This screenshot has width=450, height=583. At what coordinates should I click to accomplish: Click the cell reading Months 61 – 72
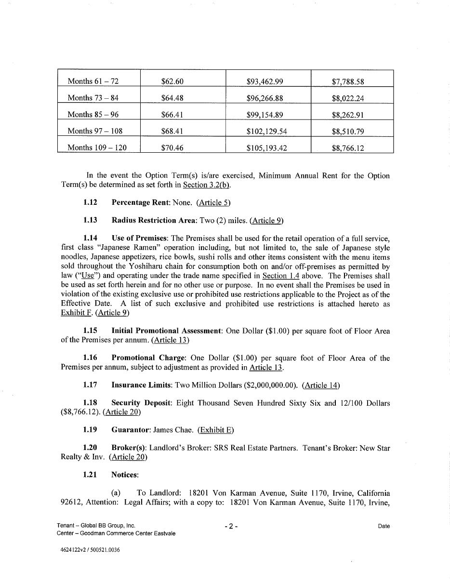coord(93,81)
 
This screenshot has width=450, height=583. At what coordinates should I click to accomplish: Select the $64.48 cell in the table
coord(172,98)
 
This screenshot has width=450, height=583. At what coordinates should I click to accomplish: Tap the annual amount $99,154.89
coord(265,115)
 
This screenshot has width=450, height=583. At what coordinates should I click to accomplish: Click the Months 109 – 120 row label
coord(97,147)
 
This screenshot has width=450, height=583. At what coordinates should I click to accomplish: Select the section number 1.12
coord(90,202)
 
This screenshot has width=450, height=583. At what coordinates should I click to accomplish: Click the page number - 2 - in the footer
coord(231,526)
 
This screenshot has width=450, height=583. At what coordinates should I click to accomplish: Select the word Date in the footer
coord(384,526)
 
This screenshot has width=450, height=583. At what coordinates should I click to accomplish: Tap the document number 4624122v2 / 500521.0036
coord(88,550)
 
